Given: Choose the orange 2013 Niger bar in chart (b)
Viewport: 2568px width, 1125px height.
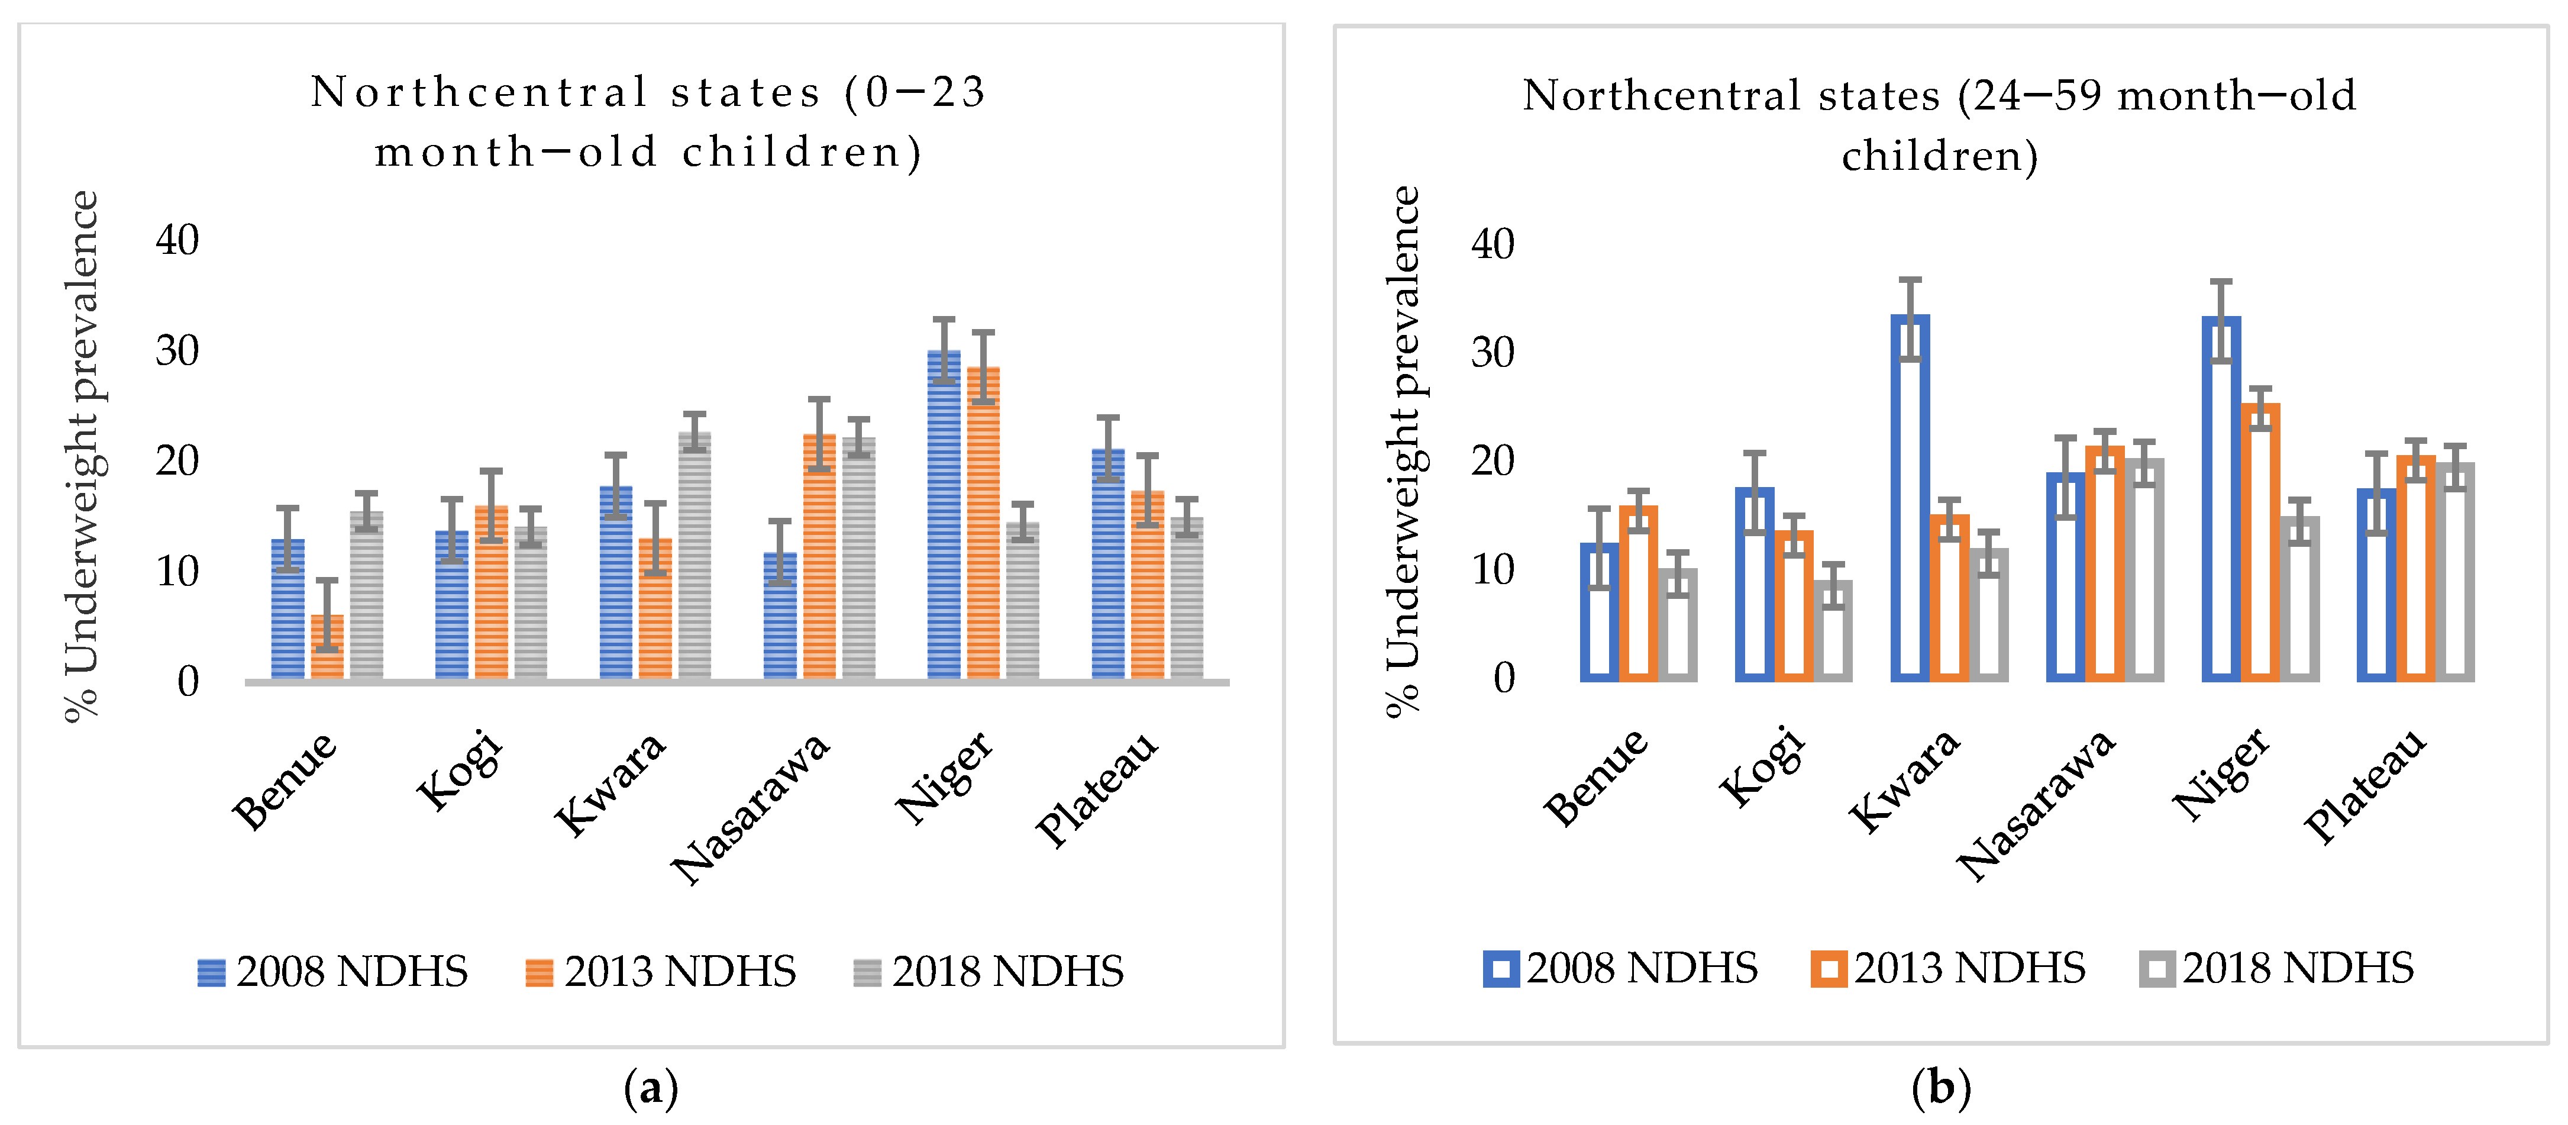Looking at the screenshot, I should pos(2260,543).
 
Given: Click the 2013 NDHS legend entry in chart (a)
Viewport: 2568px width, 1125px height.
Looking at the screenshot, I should pos(661,971).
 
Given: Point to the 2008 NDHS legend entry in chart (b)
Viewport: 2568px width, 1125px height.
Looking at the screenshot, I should pos(1621,968).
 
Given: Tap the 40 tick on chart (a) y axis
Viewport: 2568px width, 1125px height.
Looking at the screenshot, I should pos(177,240).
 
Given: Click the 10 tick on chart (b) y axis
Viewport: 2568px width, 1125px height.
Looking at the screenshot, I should pos(1493,570).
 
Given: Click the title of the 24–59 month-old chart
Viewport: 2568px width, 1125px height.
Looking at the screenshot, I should pos(1939,125).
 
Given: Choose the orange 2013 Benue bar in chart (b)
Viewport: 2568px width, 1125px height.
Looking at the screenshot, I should pos(1638,594).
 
